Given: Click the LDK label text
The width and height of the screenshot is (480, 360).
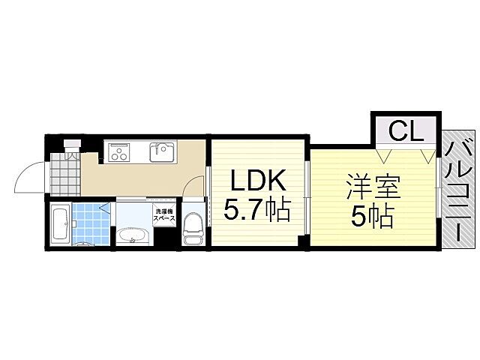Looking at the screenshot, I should point(257,181).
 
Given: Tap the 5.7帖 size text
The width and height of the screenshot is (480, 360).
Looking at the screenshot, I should point(257,211).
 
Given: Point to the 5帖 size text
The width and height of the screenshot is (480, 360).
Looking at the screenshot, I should point(372,217).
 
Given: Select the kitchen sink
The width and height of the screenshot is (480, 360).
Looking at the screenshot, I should point(161,153).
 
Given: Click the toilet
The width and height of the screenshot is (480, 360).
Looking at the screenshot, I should point(193,226).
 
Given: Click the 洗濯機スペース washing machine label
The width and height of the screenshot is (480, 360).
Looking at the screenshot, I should point(165,214).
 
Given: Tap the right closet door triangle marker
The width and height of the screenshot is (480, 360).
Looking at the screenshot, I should point(427,156).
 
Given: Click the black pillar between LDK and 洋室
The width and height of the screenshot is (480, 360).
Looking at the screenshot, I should point(302,241).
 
